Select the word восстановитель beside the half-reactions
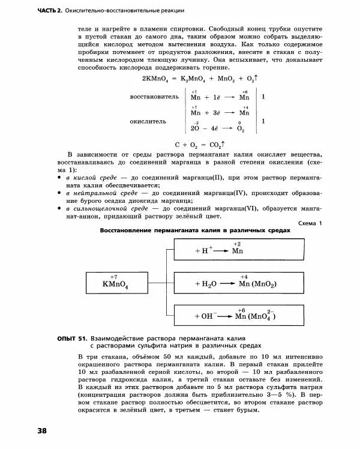154,96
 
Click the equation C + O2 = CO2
200,145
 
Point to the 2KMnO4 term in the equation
156,79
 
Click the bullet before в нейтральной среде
60,194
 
